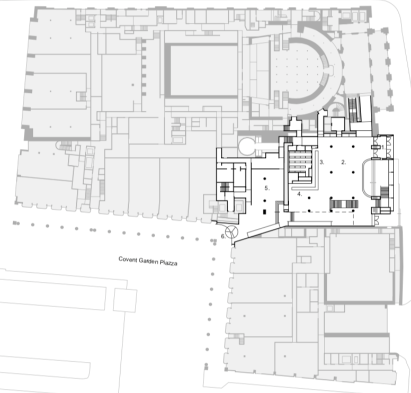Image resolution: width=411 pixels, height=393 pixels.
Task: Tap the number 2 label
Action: coord(344,162)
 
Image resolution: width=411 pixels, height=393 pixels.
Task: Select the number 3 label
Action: coord(321,163)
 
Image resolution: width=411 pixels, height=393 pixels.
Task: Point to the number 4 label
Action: coord(299,194)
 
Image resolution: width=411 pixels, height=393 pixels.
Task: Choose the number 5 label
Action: coord(267,188)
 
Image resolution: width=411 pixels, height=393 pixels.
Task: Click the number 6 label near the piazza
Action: coord(224,236)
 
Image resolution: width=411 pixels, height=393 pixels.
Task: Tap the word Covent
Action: coord(127,260)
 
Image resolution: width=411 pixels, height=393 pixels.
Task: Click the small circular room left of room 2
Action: coord(246,146)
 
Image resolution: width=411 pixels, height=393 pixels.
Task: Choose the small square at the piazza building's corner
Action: coord(124,301)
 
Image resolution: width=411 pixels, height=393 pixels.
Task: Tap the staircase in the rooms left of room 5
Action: coord(224,186)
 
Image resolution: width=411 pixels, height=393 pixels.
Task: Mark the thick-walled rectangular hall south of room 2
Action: coord(359,268)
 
